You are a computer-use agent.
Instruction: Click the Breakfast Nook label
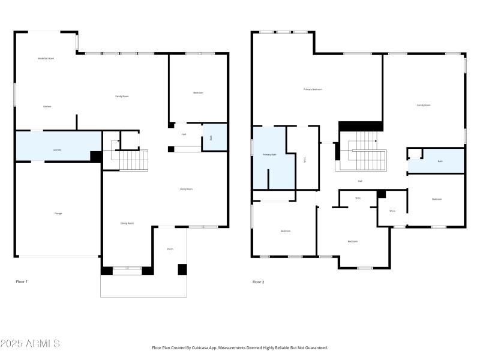46,58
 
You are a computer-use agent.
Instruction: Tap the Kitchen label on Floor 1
47,106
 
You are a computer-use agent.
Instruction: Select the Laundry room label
57,149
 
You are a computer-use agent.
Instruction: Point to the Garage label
58,213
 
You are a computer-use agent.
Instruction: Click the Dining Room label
127,223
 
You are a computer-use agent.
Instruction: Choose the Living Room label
186,189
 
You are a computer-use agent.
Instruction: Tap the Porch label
170,248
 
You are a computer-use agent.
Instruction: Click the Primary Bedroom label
313,89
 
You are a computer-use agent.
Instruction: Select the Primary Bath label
269,155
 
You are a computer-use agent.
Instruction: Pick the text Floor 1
22,281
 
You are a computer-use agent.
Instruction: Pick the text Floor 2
258,281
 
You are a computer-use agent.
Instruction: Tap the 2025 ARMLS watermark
30,344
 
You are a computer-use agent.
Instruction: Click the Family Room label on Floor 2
424,105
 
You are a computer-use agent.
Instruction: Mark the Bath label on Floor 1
211,138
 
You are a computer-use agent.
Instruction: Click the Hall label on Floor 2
360,181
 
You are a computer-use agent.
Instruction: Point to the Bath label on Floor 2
440,161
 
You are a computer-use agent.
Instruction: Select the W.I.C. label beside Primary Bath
305,160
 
